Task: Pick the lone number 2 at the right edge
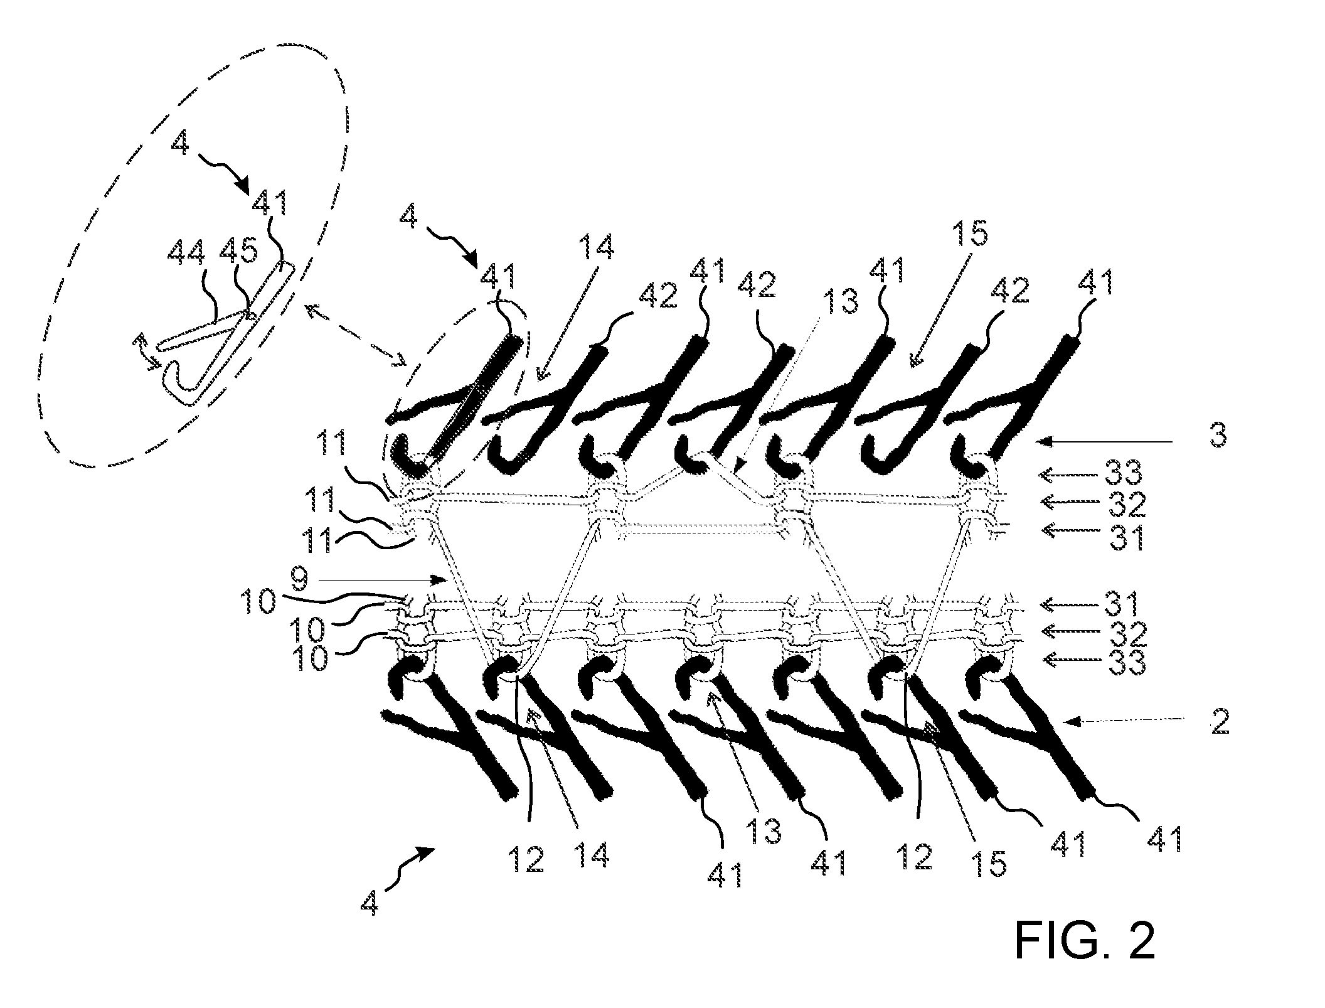[x=1219, y=722]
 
